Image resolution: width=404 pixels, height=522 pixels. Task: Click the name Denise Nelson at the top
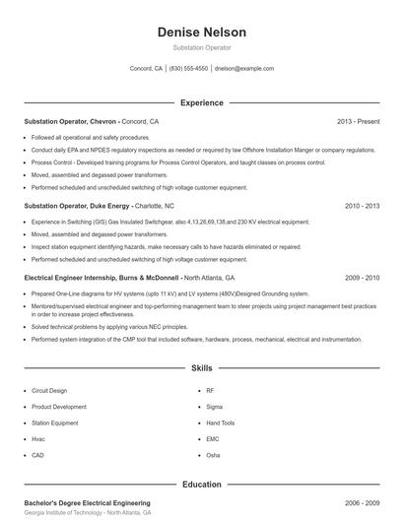point(202,33)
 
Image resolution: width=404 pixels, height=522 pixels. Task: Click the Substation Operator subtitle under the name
point(202,47)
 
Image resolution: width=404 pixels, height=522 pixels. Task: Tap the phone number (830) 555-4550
point(188,69)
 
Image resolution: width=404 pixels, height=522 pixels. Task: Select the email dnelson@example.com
point(243,69)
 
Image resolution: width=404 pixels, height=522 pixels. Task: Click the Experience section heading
point(202,102)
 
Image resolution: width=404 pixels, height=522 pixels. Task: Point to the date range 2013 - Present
point(358,121)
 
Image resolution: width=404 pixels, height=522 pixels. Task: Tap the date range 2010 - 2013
point(362,207)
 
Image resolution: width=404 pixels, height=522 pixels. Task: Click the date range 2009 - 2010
point(362,279)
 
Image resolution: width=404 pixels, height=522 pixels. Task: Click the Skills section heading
point(202,367)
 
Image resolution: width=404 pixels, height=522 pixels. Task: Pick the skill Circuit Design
point(50,391)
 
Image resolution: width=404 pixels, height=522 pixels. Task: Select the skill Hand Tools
point(222,423)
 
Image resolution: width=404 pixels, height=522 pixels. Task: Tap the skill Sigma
point(215,407)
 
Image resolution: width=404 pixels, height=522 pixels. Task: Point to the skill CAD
point(37,455)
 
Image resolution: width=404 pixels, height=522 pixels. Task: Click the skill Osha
point(213,455)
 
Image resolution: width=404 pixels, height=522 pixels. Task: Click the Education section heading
point(202,485)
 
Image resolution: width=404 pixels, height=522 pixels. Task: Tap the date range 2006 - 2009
point(362,503)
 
